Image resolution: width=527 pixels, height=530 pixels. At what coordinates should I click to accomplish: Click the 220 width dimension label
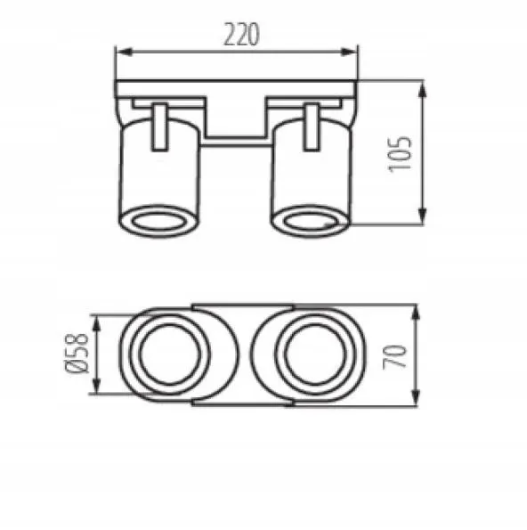242,34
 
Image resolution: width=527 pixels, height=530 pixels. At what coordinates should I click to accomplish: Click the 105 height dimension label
400,154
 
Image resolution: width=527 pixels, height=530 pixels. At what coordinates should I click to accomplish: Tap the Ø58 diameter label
77,354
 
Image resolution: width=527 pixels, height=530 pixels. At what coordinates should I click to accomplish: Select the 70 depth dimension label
394,356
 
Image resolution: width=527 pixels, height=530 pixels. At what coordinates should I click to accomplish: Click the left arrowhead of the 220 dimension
124,52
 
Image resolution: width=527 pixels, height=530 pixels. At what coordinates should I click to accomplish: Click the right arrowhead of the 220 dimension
349,52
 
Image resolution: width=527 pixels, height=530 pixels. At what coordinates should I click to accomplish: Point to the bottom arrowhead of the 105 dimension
422,216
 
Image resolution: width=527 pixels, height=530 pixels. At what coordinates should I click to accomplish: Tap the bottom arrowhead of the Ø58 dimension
97,386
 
